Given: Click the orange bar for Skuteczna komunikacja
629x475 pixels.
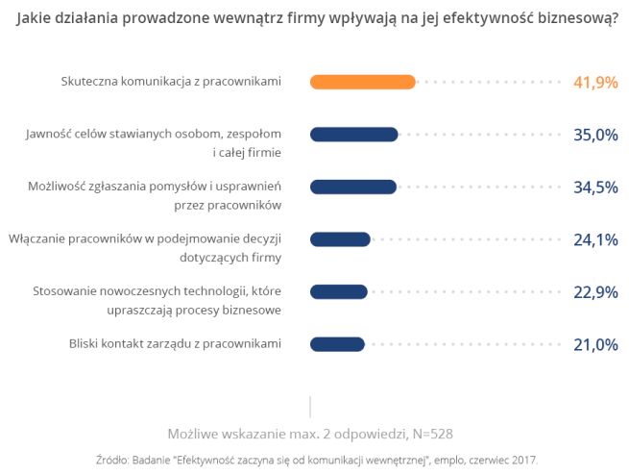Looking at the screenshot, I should (362, 83).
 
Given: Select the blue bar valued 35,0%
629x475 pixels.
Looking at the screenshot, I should (353, 135).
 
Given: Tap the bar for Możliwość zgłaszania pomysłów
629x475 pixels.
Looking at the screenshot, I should (352, 187).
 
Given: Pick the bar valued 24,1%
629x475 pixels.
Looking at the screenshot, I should (340, 238).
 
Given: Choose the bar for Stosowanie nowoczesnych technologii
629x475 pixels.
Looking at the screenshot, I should (338, 291).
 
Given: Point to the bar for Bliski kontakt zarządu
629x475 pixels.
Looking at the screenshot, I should (337, 343).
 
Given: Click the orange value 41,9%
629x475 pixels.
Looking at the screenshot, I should (594, 83).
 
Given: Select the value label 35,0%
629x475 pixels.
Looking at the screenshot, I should (594, 135).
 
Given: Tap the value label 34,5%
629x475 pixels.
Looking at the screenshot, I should (594, 187).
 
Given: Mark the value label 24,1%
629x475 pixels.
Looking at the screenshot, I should (594, 238).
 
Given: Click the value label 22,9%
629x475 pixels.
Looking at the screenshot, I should (594, 291).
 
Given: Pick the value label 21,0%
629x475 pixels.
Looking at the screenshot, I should (594, 343).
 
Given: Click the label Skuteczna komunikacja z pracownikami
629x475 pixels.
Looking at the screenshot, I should (170, 82).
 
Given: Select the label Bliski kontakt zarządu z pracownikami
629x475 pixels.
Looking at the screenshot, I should (175, 343).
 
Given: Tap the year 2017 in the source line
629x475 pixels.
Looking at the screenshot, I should (523, 459).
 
